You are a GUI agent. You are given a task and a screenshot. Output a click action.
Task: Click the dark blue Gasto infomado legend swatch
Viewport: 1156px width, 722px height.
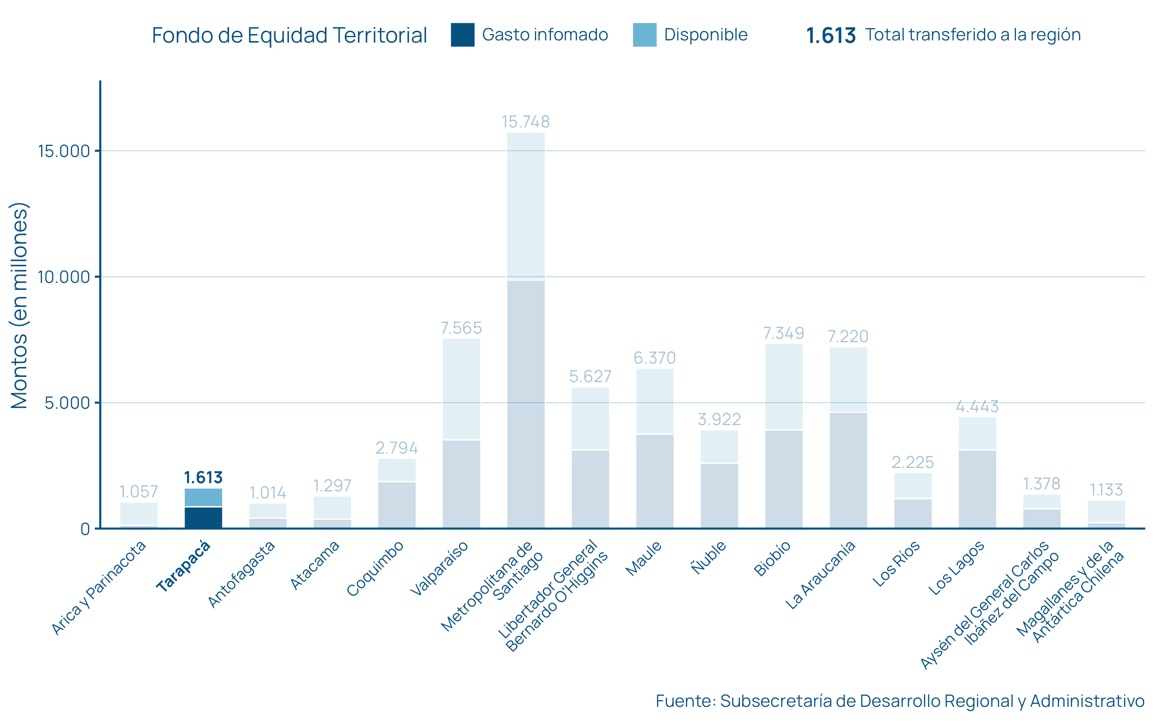462,35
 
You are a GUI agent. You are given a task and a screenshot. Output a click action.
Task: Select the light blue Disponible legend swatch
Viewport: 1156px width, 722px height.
644,35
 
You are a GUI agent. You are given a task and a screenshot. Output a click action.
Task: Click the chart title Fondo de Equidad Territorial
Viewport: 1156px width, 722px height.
289,35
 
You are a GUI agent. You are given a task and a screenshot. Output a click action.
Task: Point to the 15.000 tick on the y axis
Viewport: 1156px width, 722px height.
64,151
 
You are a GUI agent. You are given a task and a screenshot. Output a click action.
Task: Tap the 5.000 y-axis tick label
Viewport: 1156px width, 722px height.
67,403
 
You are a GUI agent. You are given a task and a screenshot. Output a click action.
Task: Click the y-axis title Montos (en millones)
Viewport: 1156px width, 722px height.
20,305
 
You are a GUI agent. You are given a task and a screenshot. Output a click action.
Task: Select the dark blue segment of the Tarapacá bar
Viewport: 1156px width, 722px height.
203,518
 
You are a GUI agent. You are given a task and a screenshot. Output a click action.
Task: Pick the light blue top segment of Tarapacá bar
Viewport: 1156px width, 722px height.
203,497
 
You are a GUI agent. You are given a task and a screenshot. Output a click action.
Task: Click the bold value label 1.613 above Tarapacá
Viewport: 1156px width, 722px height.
203,478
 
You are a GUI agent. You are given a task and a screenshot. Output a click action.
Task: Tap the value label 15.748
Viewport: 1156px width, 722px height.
525,122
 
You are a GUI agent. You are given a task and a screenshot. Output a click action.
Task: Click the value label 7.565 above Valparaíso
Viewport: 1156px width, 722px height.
461,328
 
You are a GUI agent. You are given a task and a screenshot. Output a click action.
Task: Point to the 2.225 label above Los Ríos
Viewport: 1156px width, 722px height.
912,462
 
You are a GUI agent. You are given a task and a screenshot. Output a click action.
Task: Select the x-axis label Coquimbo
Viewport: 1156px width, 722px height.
375,569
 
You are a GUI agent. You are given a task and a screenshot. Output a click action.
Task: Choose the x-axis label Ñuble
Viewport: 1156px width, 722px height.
709,558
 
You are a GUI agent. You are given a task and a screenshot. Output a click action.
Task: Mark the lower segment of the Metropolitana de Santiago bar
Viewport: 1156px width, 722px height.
525,404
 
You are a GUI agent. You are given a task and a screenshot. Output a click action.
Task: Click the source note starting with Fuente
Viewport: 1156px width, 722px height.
900,701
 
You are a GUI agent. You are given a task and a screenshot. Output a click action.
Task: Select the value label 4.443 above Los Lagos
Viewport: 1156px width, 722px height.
977,407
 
